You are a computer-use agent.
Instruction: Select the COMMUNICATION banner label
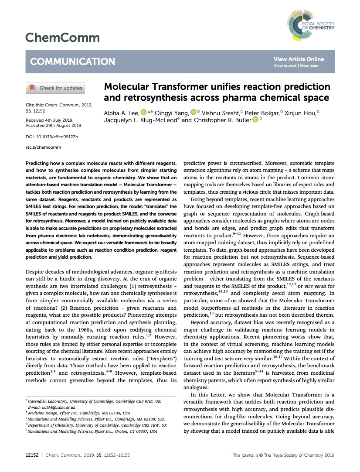(x=72, y=62)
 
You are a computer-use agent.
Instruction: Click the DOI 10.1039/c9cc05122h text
(x=52, y=137)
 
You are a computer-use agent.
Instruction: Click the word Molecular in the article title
(x=126, y=87)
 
